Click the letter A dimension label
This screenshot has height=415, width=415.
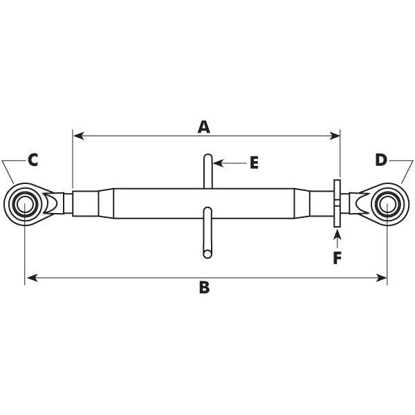click(203, 127)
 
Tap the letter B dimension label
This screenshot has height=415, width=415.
click(204, 288)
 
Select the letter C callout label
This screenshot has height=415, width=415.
click(32, 160)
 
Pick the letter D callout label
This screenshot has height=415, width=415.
click(381, 160)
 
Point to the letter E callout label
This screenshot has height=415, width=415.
click(253, 163)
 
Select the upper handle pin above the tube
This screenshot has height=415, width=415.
click(207, 169)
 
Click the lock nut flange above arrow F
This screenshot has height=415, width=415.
click(337, 203)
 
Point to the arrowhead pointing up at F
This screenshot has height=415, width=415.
click(338, 234)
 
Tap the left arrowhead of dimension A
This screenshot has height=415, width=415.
click(77, 135)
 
